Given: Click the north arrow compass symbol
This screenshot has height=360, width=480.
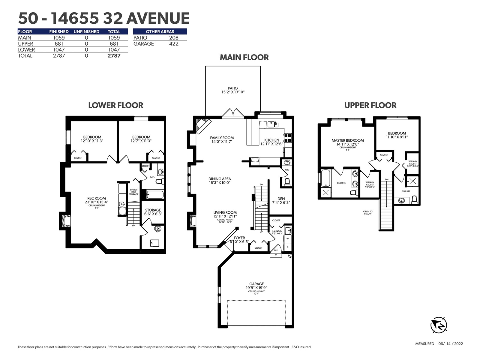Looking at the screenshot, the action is pyautogui.click(x=439, y=325).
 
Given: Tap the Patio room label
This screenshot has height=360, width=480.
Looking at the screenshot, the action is pyautogui.click(x=233, y=88).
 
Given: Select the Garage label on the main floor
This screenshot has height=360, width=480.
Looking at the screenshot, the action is pyautogui.click(x=256, y=284).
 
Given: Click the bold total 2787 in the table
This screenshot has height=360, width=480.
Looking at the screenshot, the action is pyautogui.click(x=114, y=56).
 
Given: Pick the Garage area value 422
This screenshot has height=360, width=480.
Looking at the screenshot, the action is pyautogui.click(x=174, y=44).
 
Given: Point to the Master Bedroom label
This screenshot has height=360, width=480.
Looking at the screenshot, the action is pyautogui.click(x=347, y=140).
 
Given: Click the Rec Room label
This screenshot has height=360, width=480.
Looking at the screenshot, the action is pyautogui.click(x=96, y=199).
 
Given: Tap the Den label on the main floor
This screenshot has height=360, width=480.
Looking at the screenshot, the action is pyautogui.click(x=281, y=199).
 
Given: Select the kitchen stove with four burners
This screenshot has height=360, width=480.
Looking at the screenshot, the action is pyautogui.click(x=288, y=138).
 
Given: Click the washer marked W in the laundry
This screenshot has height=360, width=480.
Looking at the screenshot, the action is pyautogui.click(x=288, y=239).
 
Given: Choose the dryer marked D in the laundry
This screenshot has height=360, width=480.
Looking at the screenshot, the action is pyautogui.click(x=288, y=247).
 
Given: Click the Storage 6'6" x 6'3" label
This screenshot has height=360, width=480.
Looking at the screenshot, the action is pyautogui.click(x=153, y=212).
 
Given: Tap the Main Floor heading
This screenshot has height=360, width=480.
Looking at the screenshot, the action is pyautogui.click(x=244, y=58).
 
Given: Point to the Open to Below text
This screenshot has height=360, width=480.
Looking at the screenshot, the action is pyautogui.click(x=367, y=212).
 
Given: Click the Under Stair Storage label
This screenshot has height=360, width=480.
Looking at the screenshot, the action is pyautogui.click(x=133, y=192).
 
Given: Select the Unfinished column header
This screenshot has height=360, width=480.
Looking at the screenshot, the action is pyautogui.click(x=86, y=32).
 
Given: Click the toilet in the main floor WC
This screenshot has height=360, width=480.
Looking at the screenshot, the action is pyautogui.click(x=287, y=182).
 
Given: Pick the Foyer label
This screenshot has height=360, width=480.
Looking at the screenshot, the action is pyautogui.click(x=239, y=238).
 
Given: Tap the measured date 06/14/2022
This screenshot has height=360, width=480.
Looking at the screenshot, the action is pyautogui.click(x=451, y=343).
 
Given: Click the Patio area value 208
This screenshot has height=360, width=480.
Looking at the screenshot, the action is pyautogui.click(x=174, y=37).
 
